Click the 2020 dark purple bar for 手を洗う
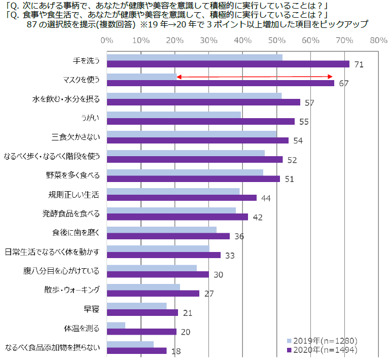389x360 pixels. tap(228, 64)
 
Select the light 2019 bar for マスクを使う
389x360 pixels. tap(142, 77)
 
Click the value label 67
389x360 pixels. tap(343, 83)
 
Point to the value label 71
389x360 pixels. tap(359, 64)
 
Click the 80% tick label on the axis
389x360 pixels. tap(378, 40)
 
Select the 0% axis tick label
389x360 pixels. tap(107, 40)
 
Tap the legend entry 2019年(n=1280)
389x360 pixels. tap(323, 340)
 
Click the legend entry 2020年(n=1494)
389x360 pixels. tap(323, 349)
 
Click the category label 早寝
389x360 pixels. tap(91, 309)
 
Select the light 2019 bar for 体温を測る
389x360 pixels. tap(116, 325)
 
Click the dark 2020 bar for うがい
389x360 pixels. tap(201, 121)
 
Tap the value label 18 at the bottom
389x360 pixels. tap(176, 350)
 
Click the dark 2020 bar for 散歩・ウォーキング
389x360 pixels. tap(153, 293)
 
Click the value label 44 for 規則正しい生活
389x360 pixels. tap(266, 198)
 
